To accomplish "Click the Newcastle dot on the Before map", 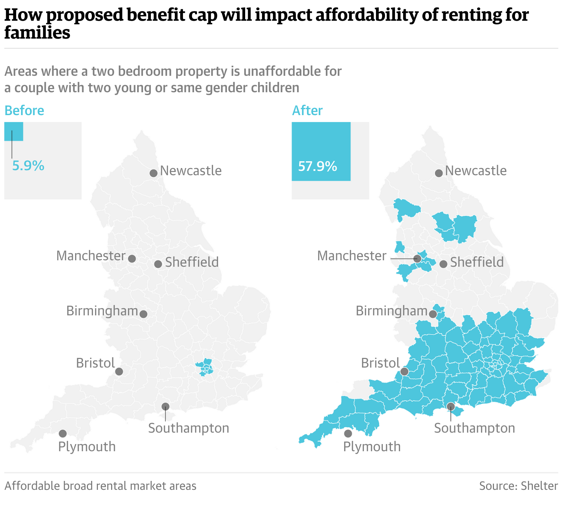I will pyautogui.click(x=153, y=173).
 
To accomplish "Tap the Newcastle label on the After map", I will pyautogui.click(x=476, y=171).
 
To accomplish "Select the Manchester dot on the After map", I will pyautogui.click(x=417, y=258).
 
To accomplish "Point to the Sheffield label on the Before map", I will pyautogui.click(x=192, y=262).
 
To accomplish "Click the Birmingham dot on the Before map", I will pyautogui.click(x=143, y=314).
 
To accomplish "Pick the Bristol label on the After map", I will pyautogui.click(x=380, y=363).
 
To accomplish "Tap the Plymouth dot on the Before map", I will pyautogui.click(x=63, y=434).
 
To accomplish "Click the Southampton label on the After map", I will pyautogui.click(x=475, y=428).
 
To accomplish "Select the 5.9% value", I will pyautogui.click(x=28, y=166).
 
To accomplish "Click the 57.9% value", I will pyautogui.click(x=317, y=166).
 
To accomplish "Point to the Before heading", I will pyautogui.click(x=24, y=111).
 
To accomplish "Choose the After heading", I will pyautogui.click(x=307, y=111).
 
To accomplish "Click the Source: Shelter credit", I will pyautogui.click(x=518, y=486).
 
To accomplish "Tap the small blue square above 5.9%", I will pyautogui.click(x=14, y=131).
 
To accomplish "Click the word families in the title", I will pyautogui.click(x=37, y=33).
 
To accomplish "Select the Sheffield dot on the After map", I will pyautogui.click(x=443, y=264).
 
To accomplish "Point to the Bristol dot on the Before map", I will pyautogui.click(x=119, y=371).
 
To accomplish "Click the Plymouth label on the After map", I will pyautogui.click(x=372, y=447).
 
